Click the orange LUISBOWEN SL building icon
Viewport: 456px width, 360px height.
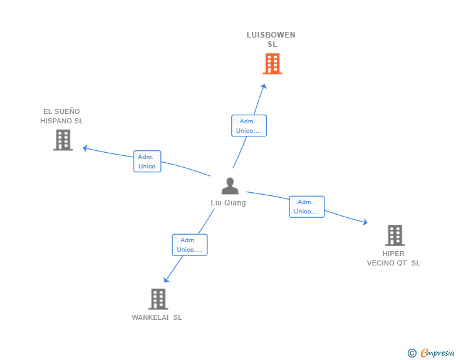272,64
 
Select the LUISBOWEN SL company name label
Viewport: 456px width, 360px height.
271,39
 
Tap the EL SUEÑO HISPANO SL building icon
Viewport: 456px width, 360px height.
63,140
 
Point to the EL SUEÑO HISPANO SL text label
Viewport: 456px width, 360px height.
61,116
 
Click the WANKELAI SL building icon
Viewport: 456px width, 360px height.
158,299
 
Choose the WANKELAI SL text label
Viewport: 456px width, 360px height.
157,317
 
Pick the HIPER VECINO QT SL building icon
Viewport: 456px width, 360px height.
394,235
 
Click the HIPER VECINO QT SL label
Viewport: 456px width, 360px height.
393,259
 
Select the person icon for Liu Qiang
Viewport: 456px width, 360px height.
230,186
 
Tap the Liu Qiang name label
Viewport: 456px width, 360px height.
228,203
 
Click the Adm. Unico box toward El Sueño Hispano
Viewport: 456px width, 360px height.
147,162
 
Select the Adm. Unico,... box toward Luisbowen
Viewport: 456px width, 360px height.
249,126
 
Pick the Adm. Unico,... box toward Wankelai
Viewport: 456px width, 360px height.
190,245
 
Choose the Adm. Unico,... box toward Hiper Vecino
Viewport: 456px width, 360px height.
307,207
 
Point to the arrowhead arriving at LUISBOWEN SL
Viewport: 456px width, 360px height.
264,86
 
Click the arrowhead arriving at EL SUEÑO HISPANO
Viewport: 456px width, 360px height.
86,148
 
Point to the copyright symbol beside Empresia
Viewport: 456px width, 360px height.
412,353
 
